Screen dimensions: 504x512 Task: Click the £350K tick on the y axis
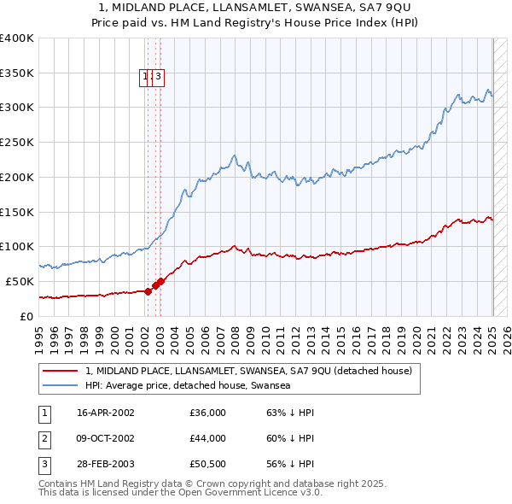point(17,73)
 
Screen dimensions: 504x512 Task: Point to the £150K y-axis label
point(17,211)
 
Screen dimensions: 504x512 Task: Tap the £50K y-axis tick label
point(20,281)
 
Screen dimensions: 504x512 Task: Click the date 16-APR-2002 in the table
point(106,413)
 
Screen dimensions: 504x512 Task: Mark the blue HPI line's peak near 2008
point(234,155)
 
